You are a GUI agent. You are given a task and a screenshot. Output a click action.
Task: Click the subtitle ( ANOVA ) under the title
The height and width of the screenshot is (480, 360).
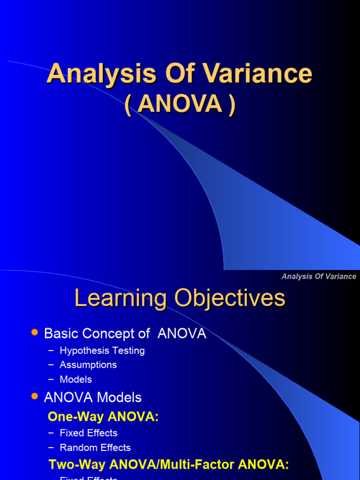(x=180, y=104)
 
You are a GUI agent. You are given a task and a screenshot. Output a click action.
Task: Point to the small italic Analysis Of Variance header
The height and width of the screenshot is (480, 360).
(x=319, y=276)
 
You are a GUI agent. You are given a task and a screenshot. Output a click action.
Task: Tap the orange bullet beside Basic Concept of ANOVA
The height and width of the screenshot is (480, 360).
(x=34, y=332)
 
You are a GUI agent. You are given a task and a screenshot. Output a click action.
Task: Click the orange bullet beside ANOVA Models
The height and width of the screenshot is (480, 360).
(x=34, y=397)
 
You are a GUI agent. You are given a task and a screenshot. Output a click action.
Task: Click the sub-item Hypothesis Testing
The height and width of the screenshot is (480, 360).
(x=102, y=351)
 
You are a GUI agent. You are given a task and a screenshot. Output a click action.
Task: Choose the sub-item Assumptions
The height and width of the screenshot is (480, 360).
(x=88, y=365)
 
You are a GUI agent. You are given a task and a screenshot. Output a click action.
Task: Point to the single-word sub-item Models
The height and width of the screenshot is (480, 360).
(x=76, y=379)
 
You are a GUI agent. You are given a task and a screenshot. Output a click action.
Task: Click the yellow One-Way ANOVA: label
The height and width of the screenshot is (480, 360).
(x=104, y=416)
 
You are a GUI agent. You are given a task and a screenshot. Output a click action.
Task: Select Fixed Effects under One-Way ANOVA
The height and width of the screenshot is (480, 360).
(x=89, y=433)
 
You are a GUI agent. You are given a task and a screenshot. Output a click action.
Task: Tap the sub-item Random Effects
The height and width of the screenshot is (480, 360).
(x=95, y=448)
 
